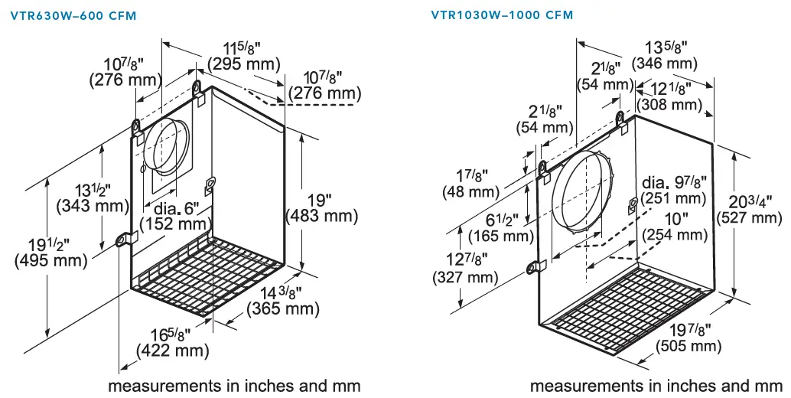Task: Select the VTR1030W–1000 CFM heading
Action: click(501, 15)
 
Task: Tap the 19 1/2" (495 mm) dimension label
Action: click(44, 252)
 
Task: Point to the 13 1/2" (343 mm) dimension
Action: click(90, 197)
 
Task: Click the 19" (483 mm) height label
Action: click(321, 208)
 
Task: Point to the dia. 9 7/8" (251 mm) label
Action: click(674, 191)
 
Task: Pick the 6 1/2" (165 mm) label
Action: click(500, 228)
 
